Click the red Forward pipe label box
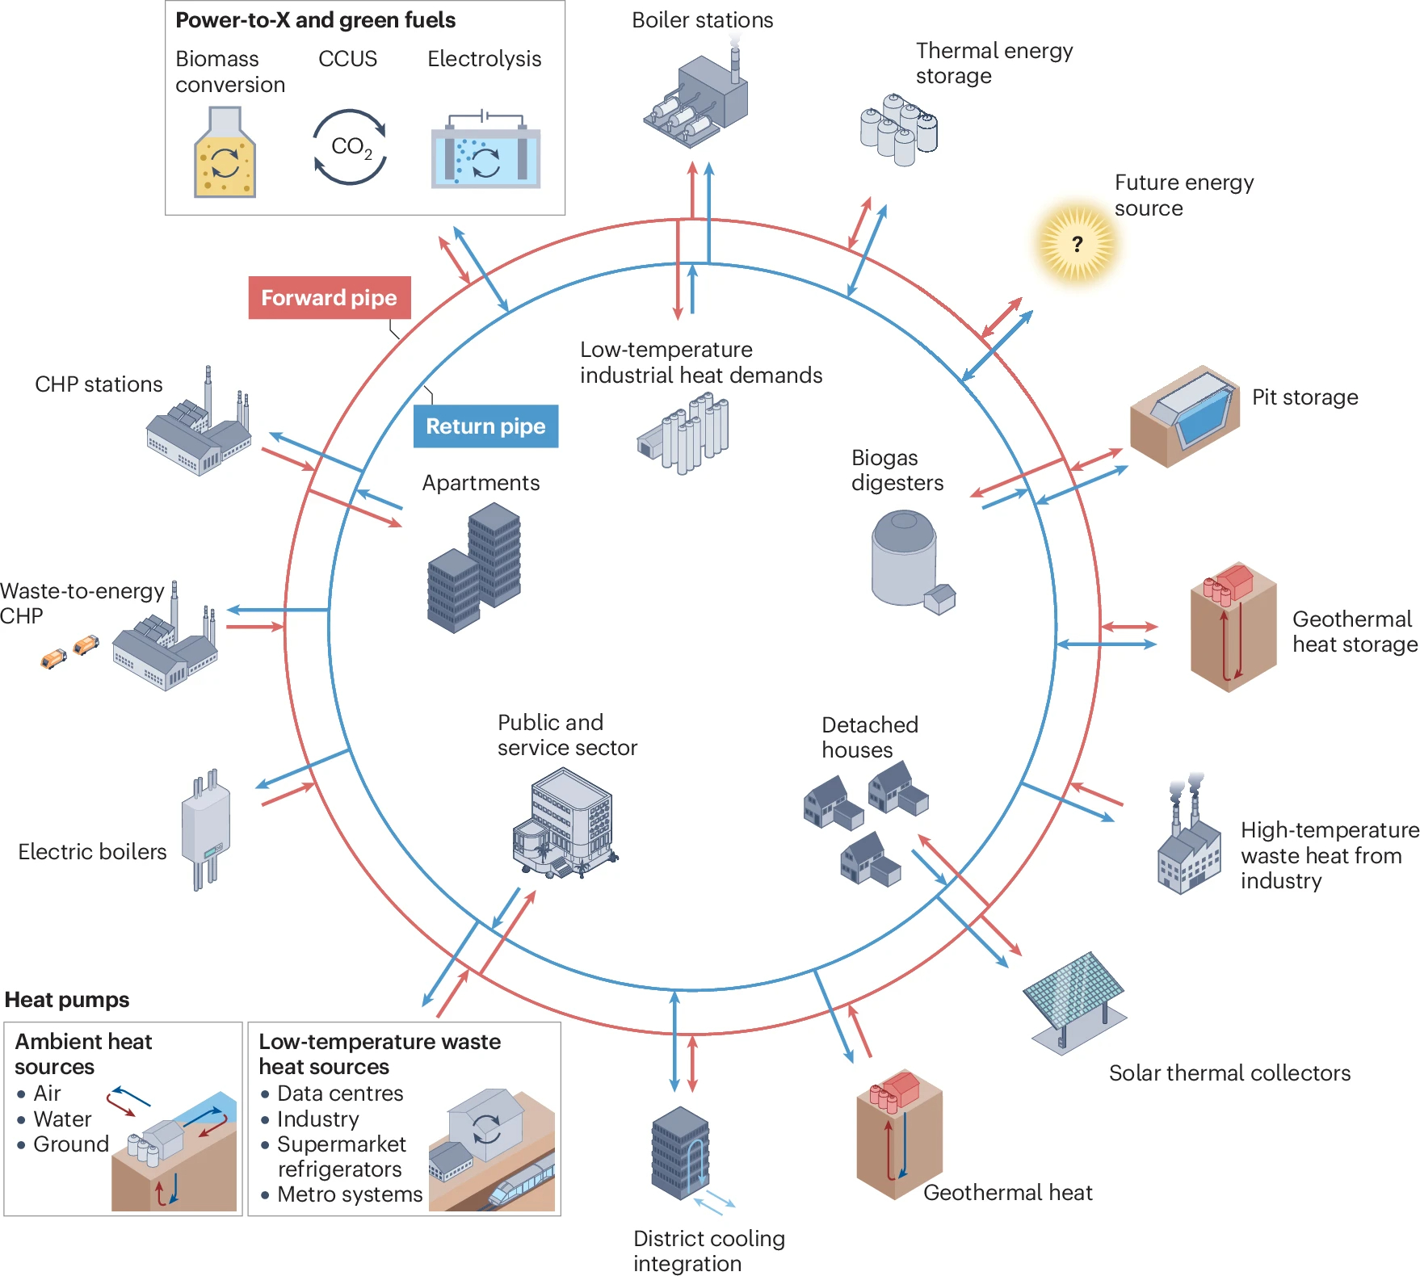click(329, 298)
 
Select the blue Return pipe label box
click(485, 426)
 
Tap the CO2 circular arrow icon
click(351, 147)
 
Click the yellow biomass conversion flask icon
click(225, 157)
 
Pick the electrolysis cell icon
click(485, 153)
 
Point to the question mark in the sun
click(1077, 244)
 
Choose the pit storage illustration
click(1184, 415)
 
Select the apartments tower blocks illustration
click(474, 567)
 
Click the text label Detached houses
click(869, 737)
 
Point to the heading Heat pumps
click(67, 1000)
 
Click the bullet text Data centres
click(340, 1093)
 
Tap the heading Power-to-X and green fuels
click(315, 20)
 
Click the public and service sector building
click(564, 824)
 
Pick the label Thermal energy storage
click(994, 63)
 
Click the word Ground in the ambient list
click(71, 1144)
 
